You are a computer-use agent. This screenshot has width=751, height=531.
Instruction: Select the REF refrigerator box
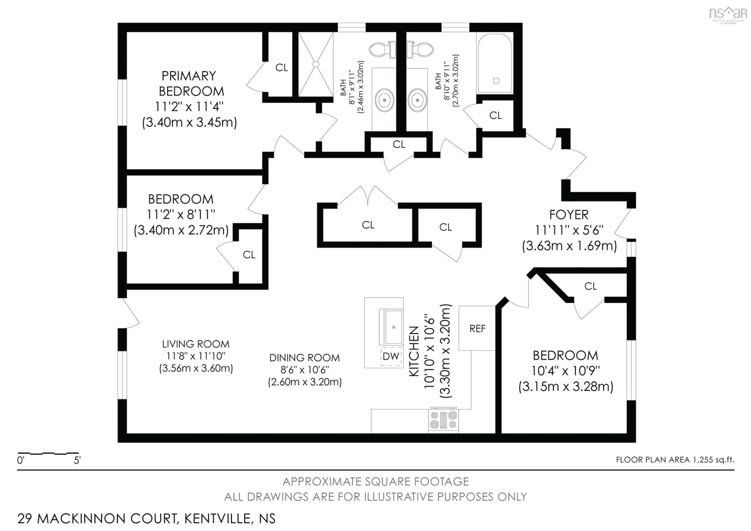(x=477, y=328)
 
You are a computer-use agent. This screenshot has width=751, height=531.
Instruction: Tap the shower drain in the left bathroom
(x=316, y=64)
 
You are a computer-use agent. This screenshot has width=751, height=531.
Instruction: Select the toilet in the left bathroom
(x=381, y=50)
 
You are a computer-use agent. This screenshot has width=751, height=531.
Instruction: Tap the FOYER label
(x=569, y=215)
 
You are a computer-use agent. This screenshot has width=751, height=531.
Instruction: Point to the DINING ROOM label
(x=305, y=358)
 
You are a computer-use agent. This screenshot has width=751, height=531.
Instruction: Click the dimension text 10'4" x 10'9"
(x=566, y=371)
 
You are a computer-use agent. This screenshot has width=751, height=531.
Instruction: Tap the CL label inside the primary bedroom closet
(x=281, y=68)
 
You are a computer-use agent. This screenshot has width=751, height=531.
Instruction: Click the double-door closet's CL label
(x=368, y=225)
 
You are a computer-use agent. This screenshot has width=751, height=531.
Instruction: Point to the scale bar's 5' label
(x=77, y=461)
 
